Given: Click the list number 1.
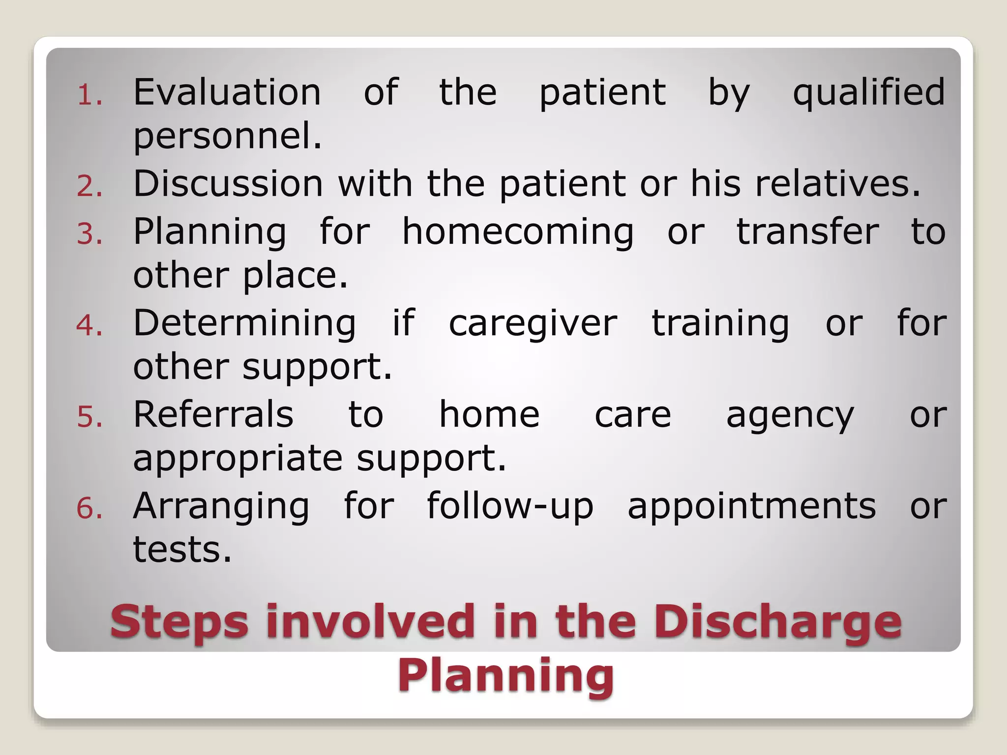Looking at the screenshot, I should (x=89, y=95).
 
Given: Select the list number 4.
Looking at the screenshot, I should (x=89, y=326).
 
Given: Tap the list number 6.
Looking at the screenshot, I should (x=89, y=509).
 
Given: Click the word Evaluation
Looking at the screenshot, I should (x=227, y=92).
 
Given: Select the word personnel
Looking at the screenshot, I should (x=227, y=137).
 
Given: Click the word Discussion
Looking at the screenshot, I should (x=228, y=184).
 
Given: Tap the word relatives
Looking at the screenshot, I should (x=837, y=184).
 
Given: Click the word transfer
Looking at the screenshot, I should (x=807, y=232).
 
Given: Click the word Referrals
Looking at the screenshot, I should (x=213, y=414).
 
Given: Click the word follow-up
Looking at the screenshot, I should (x=510, y=506).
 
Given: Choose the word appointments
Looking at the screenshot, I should (x=751, y=506).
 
